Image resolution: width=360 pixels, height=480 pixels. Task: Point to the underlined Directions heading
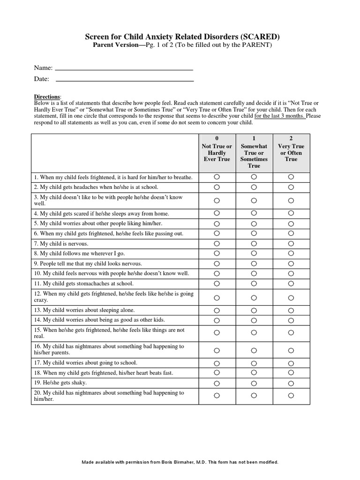(x=47, y=97)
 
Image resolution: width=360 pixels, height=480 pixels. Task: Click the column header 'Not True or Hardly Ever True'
(x=217, y=150)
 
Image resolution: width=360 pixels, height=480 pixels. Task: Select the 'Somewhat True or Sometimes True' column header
(x=254, y=153)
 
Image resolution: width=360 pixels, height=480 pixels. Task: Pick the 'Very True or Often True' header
(x=291, y=150)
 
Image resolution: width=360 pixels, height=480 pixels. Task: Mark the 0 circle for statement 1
(x=217, y=177)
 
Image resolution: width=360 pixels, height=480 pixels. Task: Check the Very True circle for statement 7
(x=291, y=243)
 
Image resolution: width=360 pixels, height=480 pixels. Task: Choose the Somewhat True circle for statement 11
(x=254, y=283)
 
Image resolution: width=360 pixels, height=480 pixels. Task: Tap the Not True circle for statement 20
(x=217, y=396)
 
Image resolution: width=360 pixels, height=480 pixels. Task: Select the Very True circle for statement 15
(x=291, y=333)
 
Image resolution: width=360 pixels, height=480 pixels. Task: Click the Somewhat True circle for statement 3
(x=254, y=200)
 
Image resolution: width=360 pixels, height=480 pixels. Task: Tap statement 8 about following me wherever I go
(x=79, y=254)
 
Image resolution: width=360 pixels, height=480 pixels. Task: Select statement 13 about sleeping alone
(x=84, y=310)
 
